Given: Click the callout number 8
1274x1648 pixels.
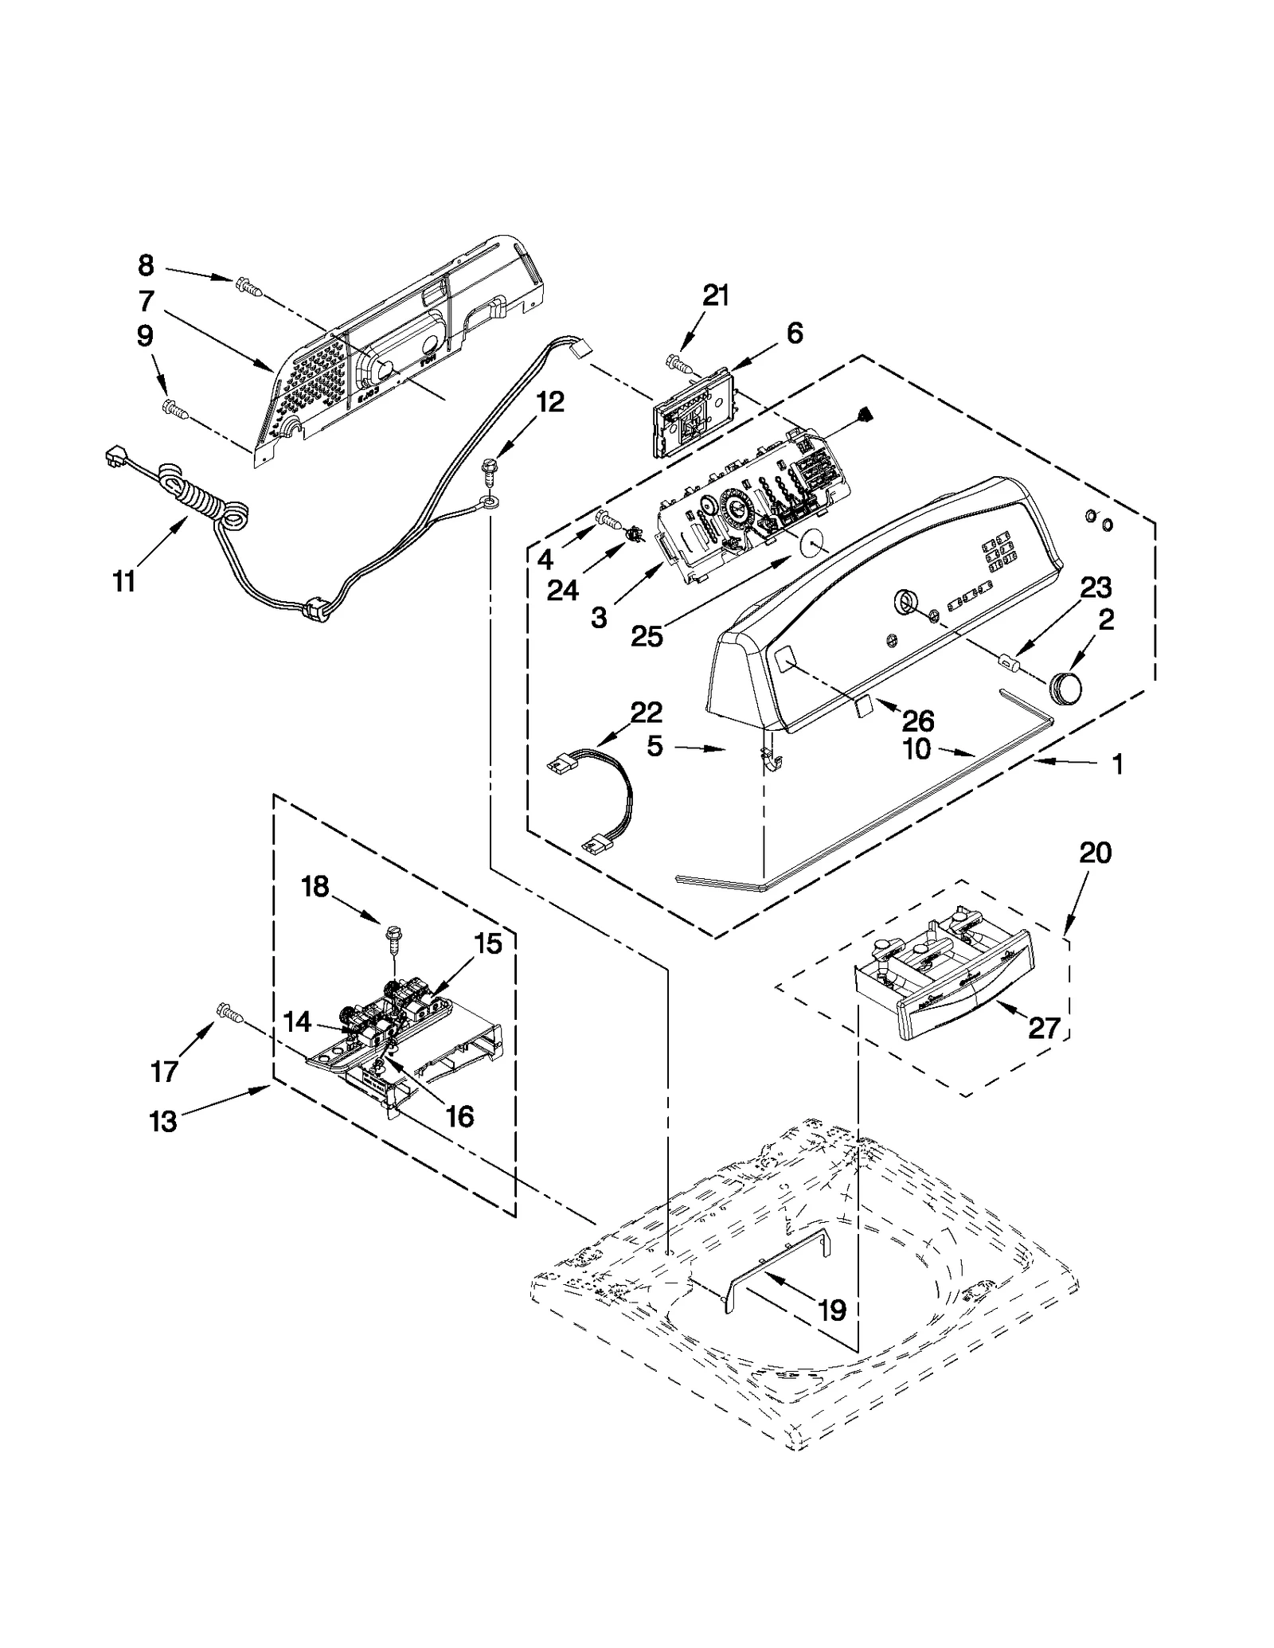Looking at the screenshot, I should pos(146,265).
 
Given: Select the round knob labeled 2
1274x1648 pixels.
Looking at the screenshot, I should pos(1066,686).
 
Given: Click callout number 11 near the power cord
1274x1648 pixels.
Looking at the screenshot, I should pos(123,582).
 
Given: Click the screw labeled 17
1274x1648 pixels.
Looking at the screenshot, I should pos(229,1012).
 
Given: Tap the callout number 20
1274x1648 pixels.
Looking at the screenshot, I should pos(1095,853).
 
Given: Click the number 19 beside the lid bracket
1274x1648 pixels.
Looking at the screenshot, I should pos(832,1310).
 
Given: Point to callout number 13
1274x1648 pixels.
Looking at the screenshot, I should pos(162,1122).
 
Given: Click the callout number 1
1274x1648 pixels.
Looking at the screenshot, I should pos(1117,765).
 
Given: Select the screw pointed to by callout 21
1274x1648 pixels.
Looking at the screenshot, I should pos(678,364).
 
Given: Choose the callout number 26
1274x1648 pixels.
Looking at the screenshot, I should pos(917,721).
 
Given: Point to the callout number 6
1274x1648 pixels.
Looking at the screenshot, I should pos(794,333).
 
